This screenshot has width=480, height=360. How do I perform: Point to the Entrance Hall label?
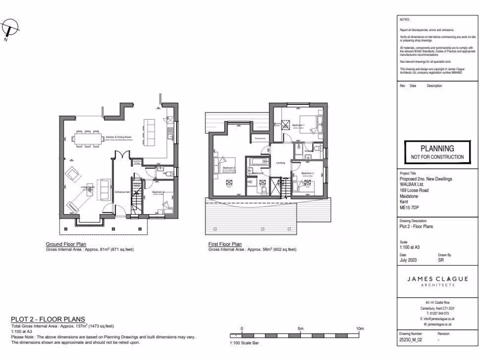[122, 192]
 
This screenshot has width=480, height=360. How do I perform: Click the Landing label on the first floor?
[281, 163]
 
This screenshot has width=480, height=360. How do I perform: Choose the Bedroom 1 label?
[299, 126]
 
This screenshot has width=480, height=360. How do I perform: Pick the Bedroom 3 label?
[307, 173]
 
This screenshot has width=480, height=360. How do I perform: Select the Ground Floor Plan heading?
[66, 244]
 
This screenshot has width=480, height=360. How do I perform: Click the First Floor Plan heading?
[225, 244]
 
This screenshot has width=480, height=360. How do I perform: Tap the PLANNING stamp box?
[437, 151]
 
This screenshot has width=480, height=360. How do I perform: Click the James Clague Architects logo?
[437, 281]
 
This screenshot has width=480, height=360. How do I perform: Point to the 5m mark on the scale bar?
[301, 329]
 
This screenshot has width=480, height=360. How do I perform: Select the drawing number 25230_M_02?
[411, 340]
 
